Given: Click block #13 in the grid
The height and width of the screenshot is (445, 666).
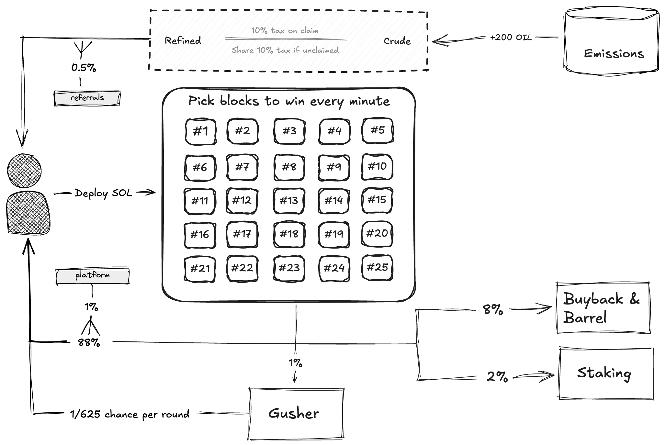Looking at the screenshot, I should pos(289,201).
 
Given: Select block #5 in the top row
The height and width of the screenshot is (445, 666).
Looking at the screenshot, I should pos(378,130).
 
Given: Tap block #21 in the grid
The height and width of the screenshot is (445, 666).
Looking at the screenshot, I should pos(200,268).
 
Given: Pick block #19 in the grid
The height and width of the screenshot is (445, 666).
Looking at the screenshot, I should pos(334,234).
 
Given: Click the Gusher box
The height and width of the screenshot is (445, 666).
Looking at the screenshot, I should pos(296,414).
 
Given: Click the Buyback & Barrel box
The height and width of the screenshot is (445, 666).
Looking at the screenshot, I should pos(603,308).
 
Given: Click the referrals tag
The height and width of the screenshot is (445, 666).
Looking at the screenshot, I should pos(87,98).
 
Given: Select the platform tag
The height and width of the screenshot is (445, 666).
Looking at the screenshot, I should pos(93,276).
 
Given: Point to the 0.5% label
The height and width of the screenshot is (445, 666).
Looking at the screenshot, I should pos(84,68).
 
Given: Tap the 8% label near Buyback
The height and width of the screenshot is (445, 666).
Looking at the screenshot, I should pos(493,309).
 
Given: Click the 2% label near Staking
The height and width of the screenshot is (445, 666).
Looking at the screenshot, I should pos(497,376).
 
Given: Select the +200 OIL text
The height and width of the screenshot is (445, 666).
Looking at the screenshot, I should pos(511,38).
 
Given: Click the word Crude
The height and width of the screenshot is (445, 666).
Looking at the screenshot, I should pos(397,41).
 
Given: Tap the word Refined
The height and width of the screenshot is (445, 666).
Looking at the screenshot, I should pos(183,40).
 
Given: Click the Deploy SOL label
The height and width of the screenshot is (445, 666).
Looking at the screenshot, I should pos(103,193).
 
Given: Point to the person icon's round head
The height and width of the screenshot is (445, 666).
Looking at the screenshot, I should pos(24,171).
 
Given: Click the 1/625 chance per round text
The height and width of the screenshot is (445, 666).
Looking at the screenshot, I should pos(130,415).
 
